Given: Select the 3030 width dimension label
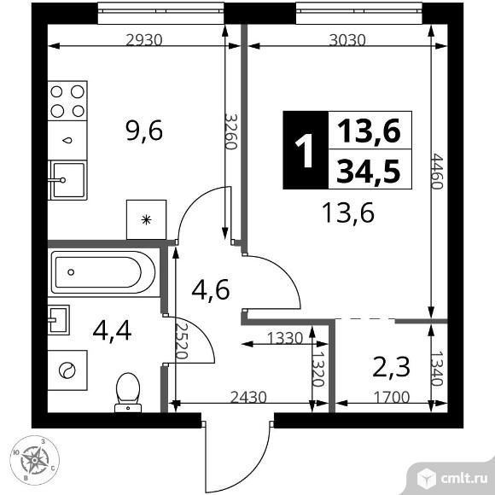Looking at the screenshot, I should pos(346,38).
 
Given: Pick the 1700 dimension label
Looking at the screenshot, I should pos(389,397).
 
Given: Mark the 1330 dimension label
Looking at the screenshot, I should pos(284,338).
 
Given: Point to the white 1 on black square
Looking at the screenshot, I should pos(305,151).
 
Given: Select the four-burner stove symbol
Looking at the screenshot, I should pos(67,102).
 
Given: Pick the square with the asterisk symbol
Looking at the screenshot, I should pos(146,219).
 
